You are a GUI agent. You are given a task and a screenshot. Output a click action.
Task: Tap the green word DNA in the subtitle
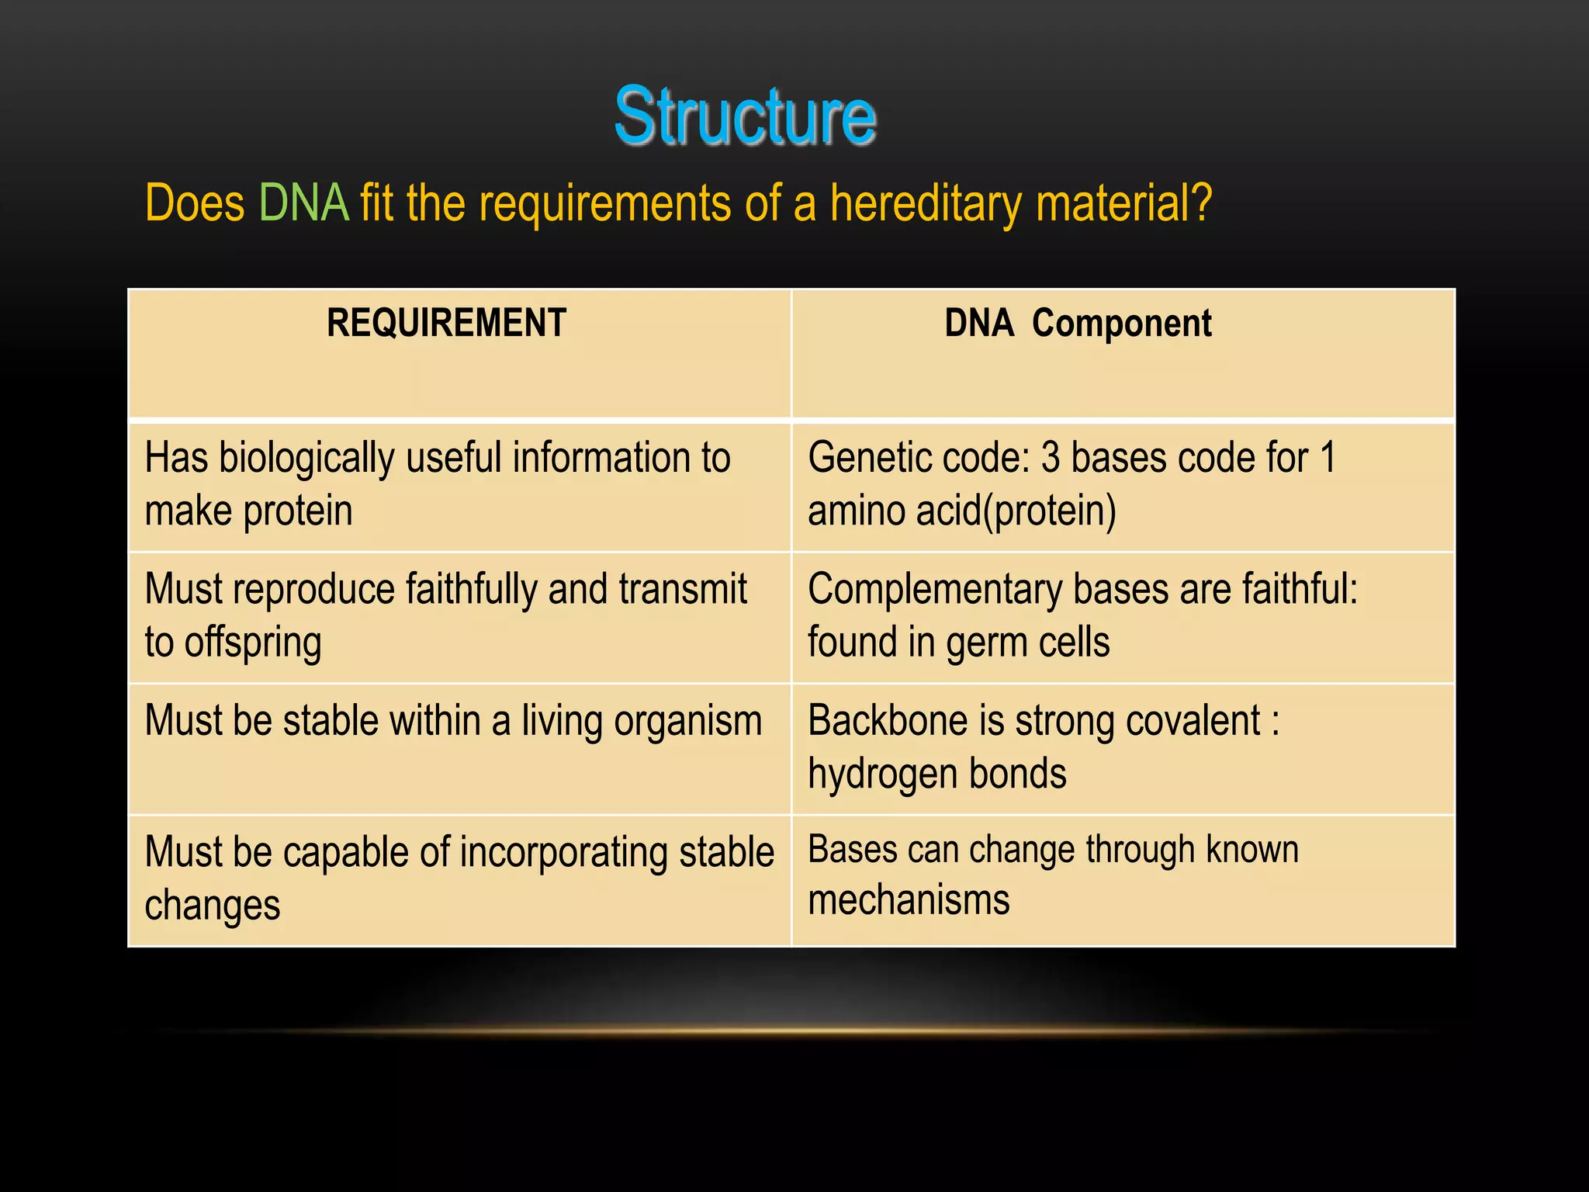click(303, 203)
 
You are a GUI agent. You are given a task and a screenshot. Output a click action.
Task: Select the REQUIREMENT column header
click(446, 323)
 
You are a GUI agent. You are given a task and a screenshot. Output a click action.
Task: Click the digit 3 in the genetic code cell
click(1051, 457)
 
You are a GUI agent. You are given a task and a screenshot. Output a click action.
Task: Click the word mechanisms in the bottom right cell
click(909, 900)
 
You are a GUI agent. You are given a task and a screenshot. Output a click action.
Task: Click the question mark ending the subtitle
click(1201, 203)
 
